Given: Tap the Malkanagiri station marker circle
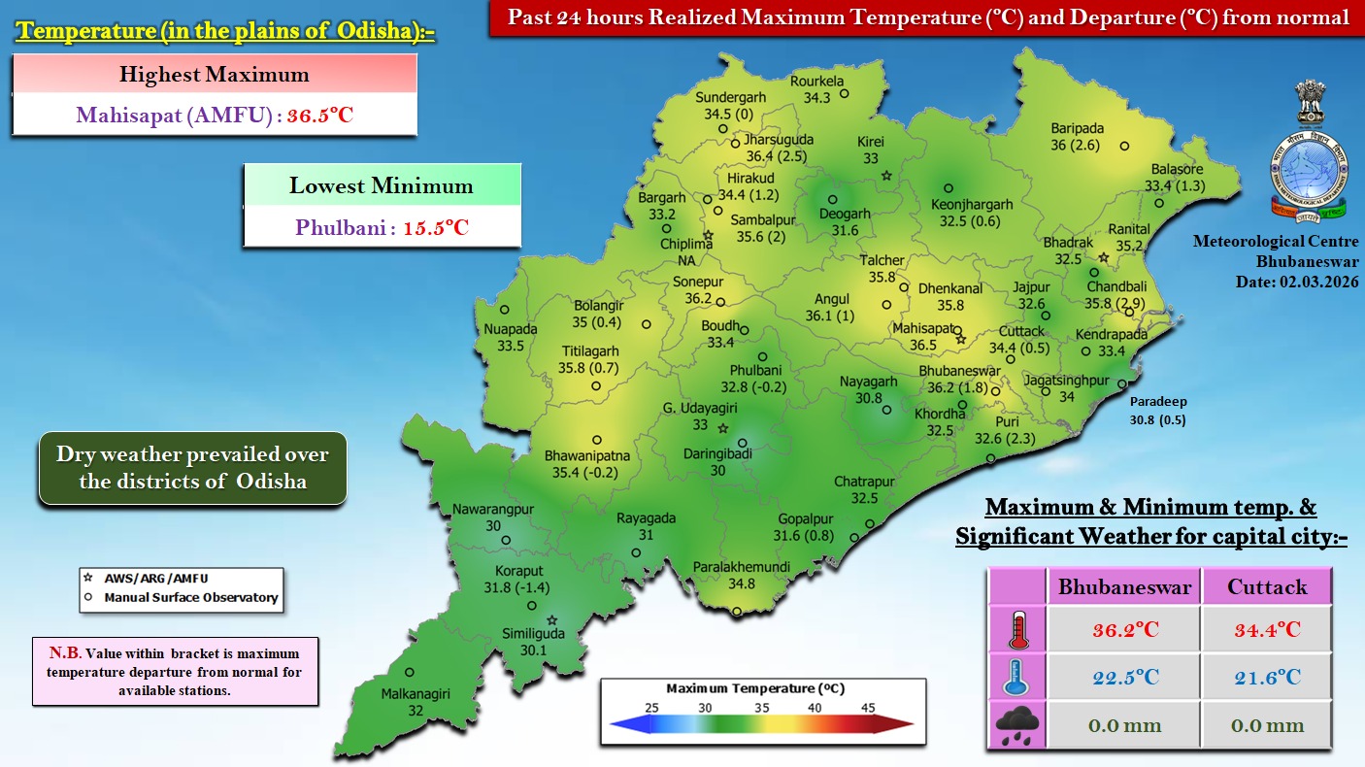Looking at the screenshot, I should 410,672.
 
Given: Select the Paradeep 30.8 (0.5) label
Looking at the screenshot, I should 1157,411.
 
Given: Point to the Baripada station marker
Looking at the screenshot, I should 1124,147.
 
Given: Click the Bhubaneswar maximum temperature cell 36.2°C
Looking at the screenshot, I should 1123,629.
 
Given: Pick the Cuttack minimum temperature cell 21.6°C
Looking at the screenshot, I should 1266,677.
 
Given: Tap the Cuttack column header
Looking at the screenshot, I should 1266,586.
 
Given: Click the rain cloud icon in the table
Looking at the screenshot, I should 1016,725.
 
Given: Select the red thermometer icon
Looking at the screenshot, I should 1016,629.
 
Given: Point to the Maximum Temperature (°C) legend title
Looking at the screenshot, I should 755,688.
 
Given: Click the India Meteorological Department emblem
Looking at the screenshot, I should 1310,151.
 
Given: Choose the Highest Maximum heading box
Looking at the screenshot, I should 215,74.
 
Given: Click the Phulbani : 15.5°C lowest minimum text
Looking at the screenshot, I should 383,228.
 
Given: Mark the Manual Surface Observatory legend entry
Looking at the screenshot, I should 190,598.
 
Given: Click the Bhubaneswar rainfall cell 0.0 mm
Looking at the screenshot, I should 1123,725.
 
